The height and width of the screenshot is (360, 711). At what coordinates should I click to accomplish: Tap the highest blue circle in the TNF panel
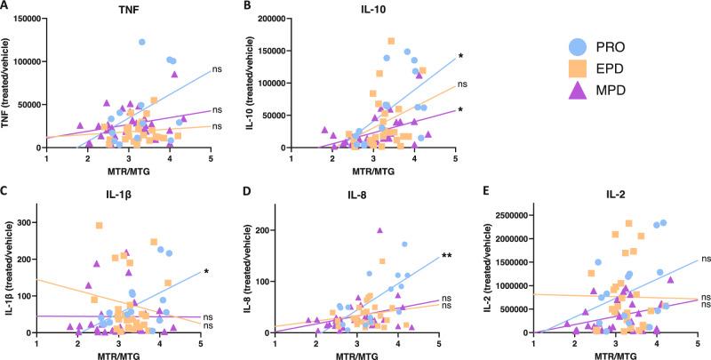pyautogui.click(x=141, y=42)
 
